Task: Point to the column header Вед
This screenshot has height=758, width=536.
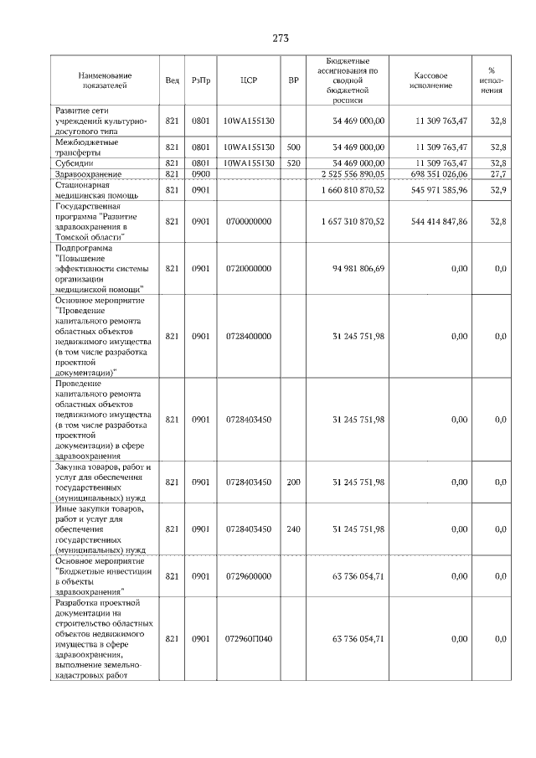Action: [x=172, y=80]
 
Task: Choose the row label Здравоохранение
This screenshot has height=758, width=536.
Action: [x=88, y=173]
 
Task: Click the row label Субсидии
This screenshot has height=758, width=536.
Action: [x=73, y=162]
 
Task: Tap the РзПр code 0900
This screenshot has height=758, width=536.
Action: [x=200, y=173]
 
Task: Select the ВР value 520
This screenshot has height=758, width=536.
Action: [x=293, y=162]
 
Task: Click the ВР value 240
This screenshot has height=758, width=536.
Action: [x=293, y=529]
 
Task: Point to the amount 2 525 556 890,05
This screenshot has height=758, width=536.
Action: [x=352, y=173]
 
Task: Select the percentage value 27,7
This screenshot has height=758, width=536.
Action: [x=498, y=173]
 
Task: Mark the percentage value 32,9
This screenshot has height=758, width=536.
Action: [x=498, y=190]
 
